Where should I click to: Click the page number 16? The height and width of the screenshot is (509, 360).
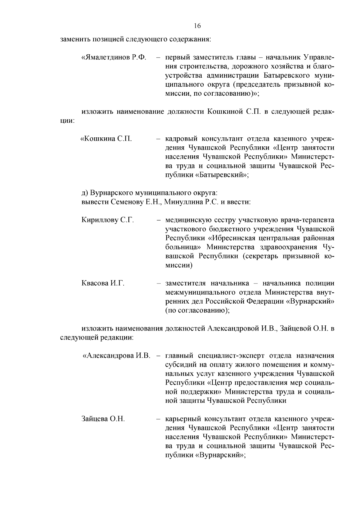[197, 26]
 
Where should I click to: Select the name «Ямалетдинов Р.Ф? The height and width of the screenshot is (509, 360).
[114, 57]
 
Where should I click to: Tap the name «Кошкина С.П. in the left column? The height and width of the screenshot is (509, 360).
[106, 139]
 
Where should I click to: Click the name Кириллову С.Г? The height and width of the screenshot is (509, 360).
[107, 220]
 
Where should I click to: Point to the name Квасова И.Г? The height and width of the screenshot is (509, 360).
[103, 283]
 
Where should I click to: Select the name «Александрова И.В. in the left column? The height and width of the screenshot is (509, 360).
[116, 356]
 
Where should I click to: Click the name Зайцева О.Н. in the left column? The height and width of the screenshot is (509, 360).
[103, 419]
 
